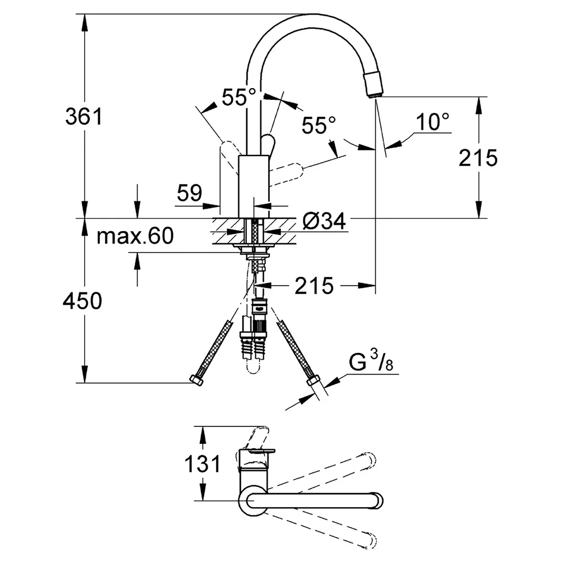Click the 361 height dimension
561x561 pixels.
pyautogui.click(x=84, y=116)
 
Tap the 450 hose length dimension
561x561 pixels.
pyautogui.click(x=82, y=301)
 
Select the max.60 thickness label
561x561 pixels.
pyautogui.click(x=135, y=236)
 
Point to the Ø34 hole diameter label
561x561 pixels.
pyautogui.click(x=324, y=220)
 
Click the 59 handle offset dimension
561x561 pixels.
pyautogui.click(x=190, y=193)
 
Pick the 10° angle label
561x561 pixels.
pyautogui.click(x=433, y=122)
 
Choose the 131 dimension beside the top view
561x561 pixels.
pyautogui.click(x=203, y=464)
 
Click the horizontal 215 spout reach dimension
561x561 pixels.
pyautogui.click(x=314, y=286)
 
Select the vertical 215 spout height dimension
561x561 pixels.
pyautogui.click(x=478, y=158)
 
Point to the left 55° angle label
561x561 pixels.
pyautogui.click(x=239, y=96)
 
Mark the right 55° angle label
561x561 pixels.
pyautogui.click(x=319, y=125)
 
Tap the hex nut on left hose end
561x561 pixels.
pyautogui.click(x=196, y=380)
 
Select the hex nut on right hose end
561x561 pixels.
pyautogui.click(x=313, y=381)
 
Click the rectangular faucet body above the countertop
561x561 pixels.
pyautogui.click(x=254, y=186)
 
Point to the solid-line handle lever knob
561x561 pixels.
pyautogui.click(x=268, y=144)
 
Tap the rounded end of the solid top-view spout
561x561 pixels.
pyautogui.click(x=378, y=500)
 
